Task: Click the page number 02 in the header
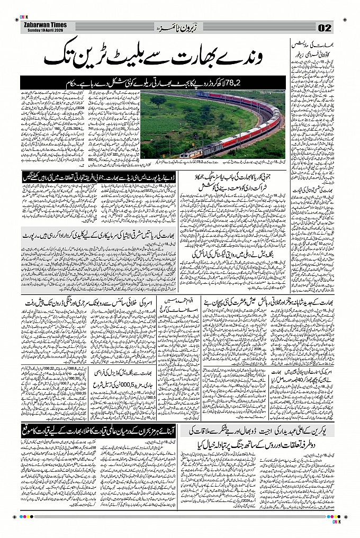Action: point(325,28)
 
